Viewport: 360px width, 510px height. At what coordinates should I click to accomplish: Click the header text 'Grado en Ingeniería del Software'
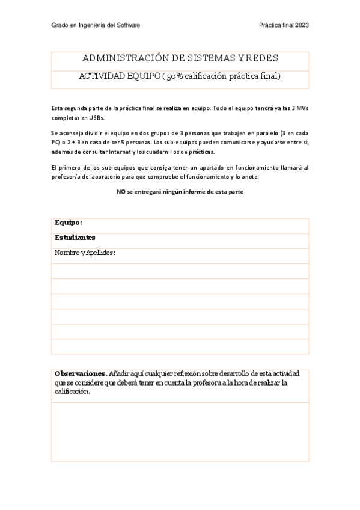pos(96,25)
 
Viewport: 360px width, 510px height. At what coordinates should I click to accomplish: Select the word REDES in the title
pos(262,58)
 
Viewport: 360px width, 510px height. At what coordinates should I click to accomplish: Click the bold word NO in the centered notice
pos(120,192)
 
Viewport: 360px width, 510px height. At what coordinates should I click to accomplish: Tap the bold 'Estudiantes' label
pos(75,238)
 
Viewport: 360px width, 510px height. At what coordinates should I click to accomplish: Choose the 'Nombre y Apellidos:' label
pos(85,253)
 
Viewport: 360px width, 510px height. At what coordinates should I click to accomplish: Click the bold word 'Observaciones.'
pos(81,373)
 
